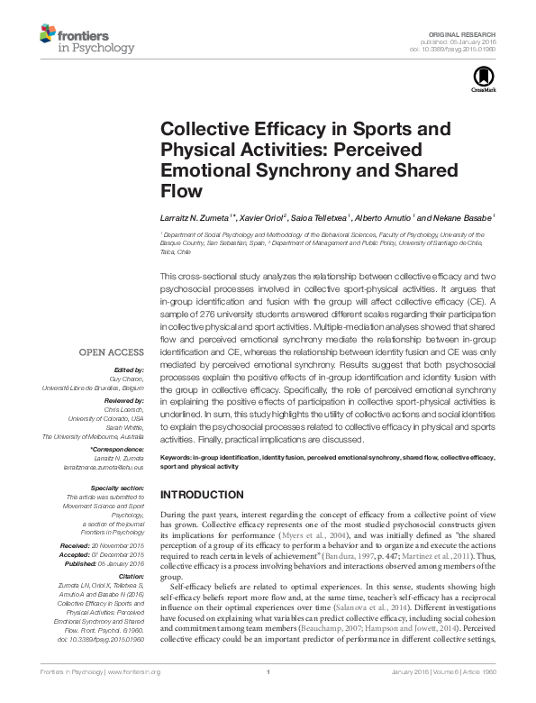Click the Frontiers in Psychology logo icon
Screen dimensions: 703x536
[x=46, y=33]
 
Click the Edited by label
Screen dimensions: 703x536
[x=129, y=370]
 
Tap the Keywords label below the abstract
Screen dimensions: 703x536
[x=176, y=458]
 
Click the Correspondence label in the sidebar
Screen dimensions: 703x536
[x=119, y=449]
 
